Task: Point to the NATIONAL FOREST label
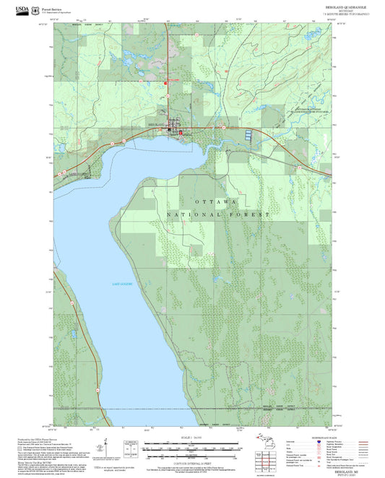tap(217, 214)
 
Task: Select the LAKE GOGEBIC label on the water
tap(122, 286)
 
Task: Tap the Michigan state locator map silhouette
tap(264, 441)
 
